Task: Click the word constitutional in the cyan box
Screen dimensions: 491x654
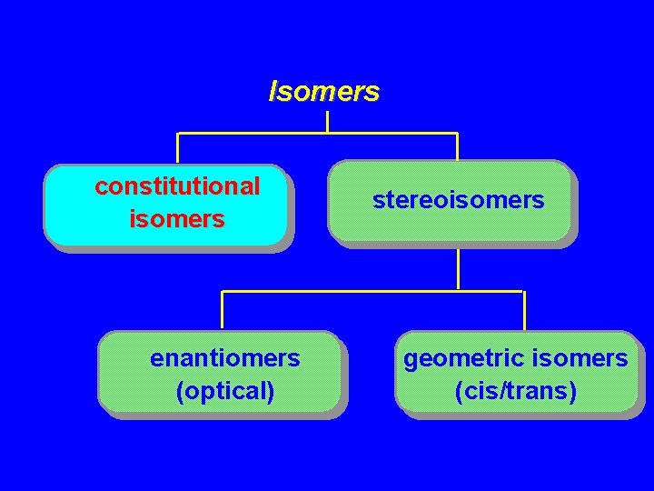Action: tap(177, 186)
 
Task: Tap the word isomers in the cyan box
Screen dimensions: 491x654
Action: tap(177, 219)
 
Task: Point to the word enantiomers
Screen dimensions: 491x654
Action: tap(224, 359)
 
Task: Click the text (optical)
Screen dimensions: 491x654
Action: tap(224, 391)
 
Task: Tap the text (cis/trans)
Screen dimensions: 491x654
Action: tap(515, 391)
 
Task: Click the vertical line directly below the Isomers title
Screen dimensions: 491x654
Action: tap(327, 120)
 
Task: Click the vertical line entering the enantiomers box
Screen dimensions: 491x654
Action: tap(223, 310)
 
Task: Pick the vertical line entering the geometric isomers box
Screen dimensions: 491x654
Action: tap(524, 310)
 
